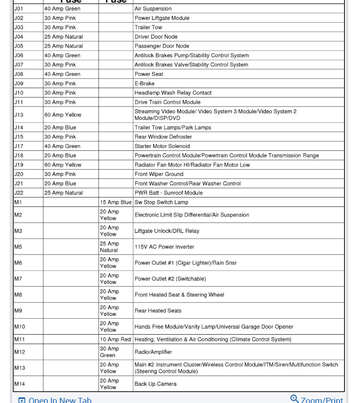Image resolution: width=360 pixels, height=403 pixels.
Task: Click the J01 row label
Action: (18, 8)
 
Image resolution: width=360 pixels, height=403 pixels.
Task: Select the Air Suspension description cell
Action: (153, 8)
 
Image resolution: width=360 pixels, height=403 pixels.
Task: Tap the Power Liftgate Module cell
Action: (162, 18)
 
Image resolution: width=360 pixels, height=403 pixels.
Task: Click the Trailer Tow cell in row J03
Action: (148, 27)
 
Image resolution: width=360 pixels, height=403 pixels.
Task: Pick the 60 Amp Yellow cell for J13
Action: (63, 115)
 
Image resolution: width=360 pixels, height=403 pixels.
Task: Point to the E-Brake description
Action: (144, 83)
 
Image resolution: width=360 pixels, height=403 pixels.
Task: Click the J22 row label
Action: (18, 193)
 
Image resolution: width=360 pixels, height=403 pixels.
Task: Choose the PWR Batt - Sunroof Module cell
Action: (168, 193)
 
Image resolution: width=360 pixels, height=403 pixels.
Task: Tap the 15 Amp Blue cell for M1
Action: (115, 202)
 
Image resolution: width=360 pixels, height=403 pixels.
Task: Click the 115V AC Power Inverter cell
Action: (164, 247)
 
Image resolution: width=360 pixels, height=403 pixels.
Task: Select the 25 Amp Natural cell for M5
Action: (109, 247)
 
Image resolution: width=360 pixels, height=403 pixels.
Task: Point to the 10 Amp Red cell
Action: (115, 339)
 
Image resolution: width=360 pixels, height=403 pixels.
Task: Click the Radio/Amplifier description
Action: (153, 352)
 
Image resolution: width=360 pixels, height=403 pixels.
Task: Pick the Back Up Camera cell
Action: (155, 384)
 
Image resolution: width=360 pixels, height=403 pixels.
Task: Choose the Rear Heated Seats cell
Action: (158, 311)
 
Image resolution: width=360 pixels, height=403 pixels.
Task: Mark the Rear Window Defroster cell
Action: (163, 137)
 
